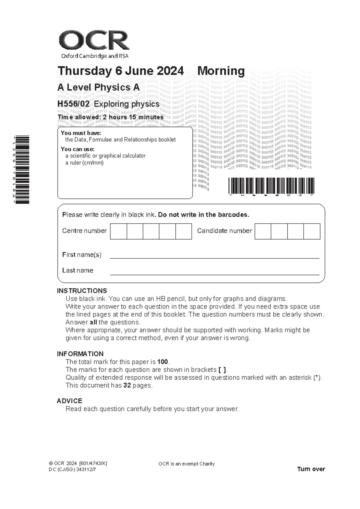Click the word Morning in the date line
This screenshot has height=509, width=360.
coord(221,71)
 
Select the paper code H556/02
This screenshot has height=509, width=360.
coord(73,104)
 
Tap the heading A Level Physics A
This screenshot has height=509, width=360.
coord(98,88)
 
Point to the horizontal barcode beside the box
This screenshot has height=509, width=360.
coord(271,185)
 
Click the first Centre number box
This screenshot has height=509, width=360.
coord(118,231)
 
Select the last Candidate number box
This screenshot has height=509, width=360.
coord(312,231)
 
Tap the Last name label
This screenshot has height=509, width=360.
coord(77,270)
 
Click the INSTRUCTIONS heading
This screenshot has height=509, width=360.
coord(82,291)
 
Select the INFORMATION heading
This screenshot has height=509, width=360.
coord(80,354)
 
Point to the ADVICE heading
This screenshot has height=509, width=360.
coord(69,401)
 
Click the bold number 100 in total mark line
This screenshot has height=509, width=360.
coord(162,362)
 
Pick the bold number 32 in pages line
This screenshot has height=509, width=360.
coord(127,385)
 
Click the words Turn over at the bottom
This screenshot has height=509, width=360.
coord(311,469)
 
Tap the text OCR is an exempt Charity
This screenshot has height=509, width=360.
coord(186,464)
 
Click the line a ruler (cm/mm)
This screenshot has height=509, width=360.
coord(84,163)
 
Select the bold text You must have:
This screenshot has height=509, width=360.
coord(81,133)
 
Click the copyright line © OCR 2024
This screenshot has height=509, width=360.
coord(77,463)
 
